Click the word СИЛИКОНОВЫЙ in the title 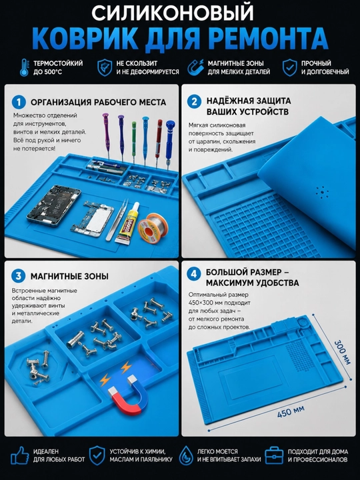173,13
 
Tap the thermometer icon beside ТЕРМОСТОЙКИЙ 25,67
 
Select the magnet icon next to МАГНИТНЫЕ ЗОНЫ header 195,67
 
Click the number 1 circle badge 19,102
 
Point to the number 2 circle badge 194,101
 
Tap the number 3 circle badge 19,276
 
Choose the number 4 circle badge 194,274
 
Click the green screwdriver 134,143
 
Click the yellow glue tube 128,223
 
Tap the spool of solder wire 152,226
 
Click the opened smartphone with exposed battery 53,206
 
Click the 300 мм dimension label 342,352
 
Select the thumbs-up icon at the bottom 19,455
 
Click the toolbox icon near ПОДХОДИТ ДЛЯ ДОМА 274,455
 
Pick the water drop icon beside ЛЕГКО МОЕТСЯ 185,455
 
